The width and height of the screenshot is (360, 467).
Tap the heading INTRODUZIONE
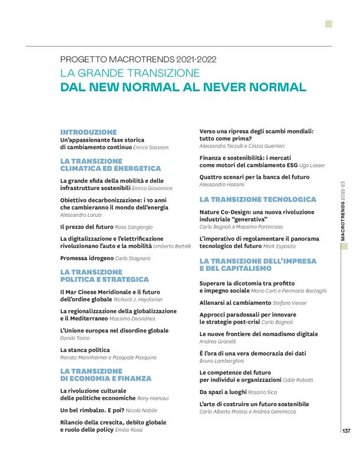click(88, 132)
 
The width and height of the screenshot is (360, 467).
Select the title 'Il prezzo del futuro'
click(86, 227)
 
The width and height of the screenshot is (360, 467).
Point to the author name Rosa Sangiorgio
click(134, 227)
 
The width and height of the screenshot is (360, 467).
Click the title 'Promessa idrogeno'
click(87, 257)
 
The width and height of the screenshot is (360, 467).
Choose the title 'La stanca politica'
click(85, 350)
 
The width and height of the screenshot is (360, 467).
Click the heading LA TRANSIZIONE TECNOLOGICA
click(258, 199)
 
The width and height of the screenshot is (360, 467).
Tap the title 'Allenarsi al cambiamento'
click(235, 302)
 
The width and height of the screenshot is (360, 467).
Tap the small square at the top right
click(328, 24)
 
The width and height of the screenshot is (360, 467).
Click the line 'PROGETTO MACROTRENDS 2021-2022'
click(138, 60)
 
